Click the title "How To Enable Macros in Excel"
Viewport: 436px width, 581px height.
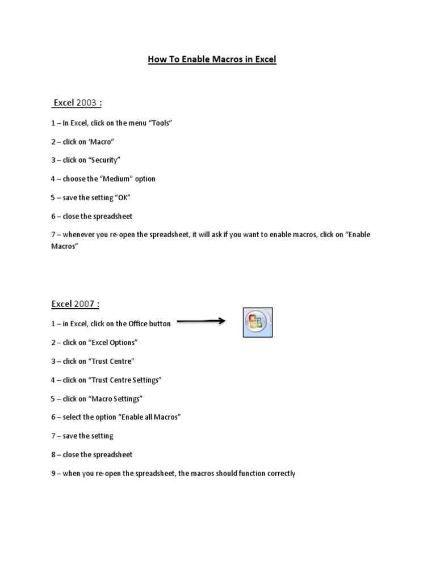point(212,59)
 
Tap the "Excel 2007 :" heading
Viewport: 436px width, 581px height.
point(76,304)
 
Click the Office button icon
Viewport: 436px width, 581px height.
point(258,323)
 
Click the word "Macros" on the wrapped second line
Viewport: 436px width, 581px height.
point(62,247)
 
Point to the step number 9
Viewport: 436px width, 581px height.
point(52,473)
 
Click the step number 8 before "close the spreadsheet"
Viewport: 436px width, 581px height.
point(52,454)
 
